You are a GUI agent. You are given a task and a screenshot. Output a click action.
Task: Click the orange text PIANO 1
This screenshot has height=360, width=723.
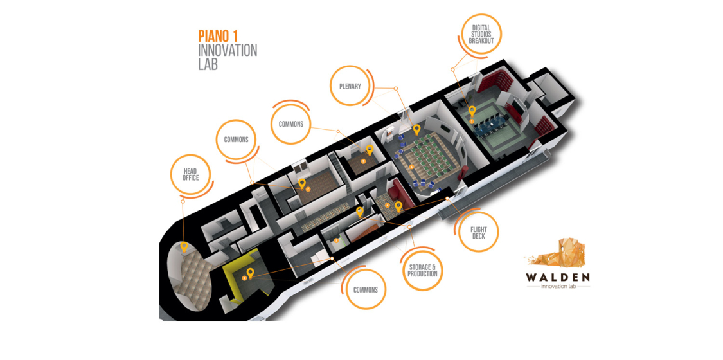pyautogui.click(x=219, y=36)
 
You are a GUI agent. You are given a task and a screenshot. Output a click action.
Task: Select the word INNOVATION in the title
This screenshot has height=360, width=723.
pyautogui.click(x=228, y=50)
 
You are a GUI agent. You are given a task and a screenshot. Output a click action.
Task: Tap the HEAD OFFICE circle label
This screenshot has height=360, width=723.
pyautogui.click(x=190, y=174)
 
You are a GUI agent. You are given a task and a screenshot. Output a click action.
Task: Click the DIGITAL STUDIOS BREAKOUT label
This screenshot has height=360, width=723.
pyautogui.click(x=481, y=35)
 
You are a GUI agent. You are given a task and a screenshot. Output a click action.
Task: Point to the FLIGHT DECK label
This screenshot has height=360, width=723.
pyautogui.click(x=479, y=233)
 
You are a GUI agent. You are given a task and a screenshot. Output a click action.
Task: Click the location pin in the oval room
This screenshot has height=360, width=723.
pyautogui.click(x=184, y=247)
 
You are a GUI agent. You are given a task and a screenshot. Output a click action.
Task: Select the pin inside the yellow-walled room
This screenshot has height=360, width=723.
pyautogui.click(x=250, y=273)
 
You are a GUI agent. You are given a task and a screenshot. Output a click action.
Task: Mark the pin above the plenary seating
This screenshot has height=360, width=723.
pyautogui.click(x=416, y=129)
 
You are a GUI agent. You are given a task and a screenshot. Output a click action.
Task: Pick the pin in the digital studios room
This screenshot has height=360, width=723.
pyautogui.click(x=472, y=111)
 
